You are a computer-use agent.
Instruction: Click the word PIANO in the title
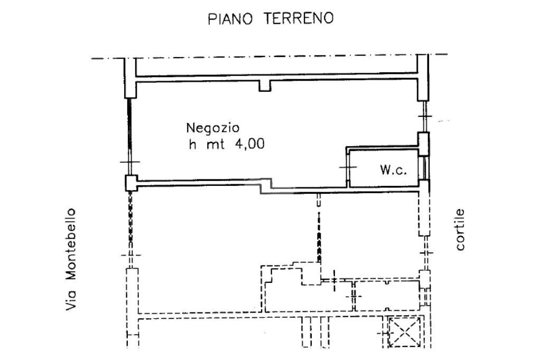[x=227, y=19]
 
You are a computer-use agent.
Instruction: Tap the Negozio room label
[x=212, y=128]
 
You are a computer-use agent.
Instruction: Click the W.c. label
[x=392, y=170]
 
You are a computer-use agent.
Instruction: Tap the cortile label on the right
[x=460, y=230]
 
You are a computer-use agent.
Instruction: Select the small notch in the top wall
[x=265, y=86]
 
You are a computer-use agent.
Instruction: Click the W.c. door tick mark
[x=347, y=167]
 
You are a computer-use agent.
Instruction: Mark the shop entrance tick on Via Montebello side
[x=129, y=162]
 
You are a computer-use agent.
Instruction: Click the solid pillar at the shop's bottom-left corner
[x=130, y=183]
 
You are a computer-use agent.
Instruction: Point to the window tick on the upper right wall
[x=425, y=117]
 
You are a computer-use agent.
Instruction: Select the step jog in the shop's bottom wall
[x=267, y=186]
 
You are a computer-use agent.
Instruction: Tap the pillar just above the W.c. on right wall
[x=423, y=144]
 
